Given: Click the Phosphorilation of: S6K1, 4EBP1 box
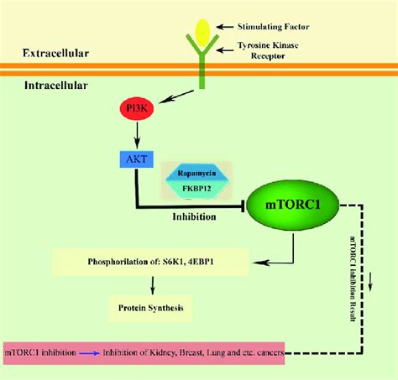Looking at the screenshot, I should point(152,261).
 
